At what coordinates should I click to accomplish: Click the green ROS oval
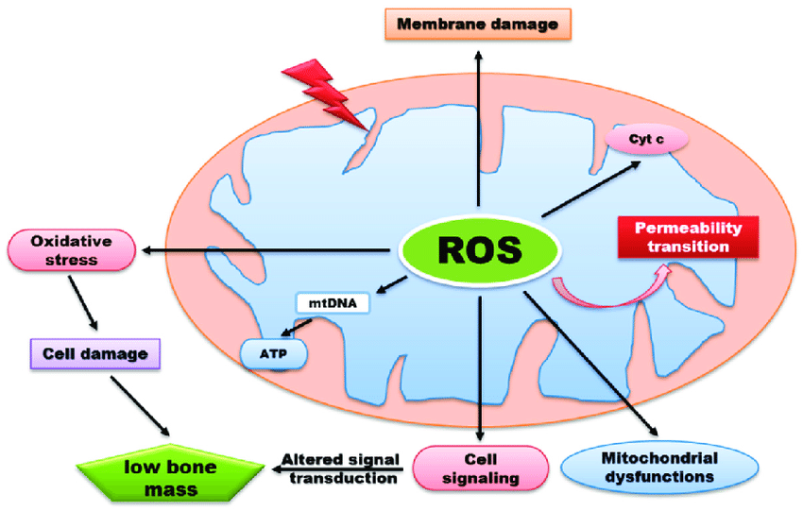click(x=480, y=249)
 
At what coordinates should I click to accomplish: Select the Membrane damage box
click(x=478, y=24)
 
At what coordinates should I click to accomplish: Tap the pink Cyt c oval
click(x=646, y=139)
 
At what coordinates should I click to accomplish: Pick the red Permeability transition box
click(x=689, y=237)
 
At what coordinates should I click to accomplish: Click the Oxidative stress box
click(x=72, y=250)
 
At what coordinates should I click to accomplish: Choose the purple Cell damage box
click(x=95, y=354)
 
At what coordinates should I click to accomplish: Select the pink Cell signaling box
click(x=480, y=468)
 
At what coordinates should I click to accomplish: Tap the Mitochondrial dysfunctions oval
click(x=659, y=468)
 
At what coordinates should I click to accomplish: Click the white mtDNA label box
click(x=333, y=303)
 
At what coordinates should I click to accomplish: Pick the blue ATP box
click(x=273, y=354)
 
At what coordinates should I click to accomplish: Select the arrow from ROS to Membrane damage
click(x=478, y=128)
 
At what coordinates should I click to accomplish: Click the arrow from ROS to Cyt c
click(x=591, y=189)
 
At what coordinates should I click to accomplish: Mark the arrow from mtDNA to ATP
click(x=296, y=328)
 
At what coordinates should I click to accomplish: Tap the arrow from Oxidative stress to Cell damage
click(x=83, y=303)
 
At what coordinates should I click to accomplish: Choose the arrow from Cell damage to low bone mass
click(x=140, y=406)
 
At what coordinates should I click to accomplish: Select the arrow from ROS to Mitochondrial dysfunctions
click(x=590, y=364)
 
